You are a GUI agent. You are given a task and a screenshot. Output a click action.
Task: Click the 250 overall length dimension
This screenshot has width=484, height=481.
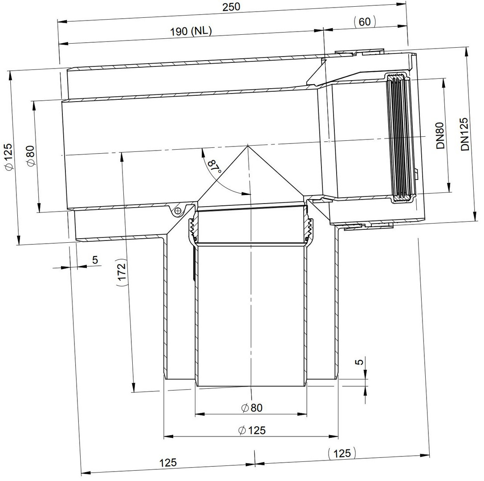point(231,7)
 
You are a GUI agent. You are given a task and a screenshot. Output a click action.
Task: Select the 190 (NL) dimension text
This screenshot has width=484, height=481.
point(191,31)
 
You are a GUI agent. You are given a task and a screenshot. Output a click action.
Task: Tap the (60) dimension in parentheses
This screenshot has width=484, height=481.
point(365,22)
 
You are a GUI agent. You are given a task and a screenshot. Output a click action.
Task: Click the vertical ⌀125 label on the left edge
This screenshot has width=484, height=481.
point(8,156)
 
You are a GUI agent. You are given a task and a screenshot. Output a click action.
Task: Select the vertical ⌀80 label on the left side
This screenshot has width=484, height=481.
point(31,156)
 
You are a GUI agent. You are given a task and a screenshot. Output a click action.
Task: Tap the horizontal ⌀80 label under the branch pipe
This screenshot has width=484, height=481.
point(252,408)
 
